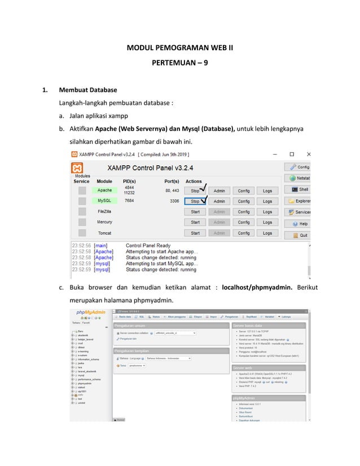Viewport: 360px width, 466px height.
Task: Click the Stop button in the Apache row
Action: [195, 191]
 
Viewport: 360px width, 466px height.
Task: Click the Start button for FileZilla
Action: [195, 212]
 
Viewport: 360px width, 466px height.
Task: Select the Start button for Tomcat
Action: [195, 233]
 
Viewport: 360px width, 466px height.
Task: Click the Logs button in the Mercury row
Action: [267, 222]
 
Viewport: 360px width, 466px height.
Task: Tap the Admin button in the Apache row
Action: [219, 191]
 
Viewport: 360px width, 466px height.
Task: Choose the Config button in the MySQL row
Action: [243, 201]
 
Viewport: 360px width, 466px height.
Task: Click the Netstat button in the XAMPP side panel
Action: [298, 178]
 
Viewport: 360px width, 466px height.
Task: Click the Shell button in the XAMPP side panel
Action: [298, 190]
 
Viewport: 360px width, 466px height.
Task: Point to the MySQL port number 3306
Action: [174, 201]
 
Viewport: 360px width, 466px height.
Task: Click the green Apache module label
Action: [104, 190]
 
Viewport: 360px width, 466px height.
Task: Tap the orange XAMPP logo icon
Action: [79, 168]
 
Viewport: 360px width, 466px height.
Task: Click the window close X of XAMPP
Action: [308, 154]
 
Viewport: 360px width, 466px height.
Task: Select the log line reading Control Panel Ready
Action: [148, 245]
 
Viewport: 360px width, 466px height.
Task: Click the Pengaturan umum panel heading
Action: [130, 326]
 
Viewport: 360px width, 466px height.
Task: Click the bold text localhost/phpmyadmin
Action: [257, 287]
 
